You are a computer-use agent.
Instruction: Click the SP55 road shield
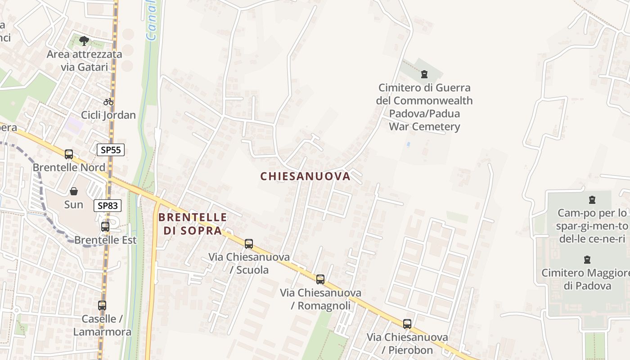pyautogui.click(x=111, y=150)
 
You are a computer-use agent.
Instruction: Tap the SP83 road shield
pyautogui.click(x=108, y=206)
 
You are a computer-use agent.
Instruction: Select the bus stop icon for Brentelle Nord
pyautogui.click(x=69, y=154)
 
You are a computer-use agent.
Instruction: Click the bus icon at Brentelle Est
pyautogui.click(x=105, y=227)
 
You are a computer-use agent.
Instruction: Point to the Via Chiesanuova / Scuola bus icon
pyautogui.click(x=249, y=244)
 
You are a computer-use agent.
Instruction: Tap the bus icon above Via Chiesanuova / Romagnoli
pyautogui.click(x=320, y=279)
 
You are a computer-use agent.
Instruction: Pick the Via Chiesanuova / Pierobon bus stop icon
pyautogui.click(x=407, y=324)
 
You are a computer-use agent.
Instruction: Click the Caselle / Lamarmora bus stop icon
pyautogui.click(x=102, y=306)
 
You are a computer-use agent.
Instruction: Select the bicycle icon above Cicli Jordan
pyautogui.click(x=108, y=102)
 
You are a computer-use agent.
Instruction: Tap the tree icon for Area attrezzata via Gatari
pyautogui.click(x=84, y=41)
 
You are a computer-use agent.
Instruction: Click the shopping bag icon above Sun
pyautogui.click(x=74, y=191)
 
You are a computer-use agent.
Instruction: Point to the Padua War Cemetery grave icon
pyautogui.click(x=424, y=74)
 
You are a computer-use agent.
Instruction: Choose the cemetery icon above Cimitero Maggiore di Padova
pyautogui.click(x=587, y=260)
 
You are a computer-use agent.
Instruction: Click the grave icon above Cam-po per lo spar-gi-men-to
pyautogui.click(x=592, y=200)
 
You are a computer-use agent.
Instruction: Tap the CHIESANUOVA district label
pyautogui.click(x=305, y=176)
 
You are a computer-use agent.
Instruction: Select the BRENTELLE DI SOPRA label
pyautogui.click(x=192, y=224)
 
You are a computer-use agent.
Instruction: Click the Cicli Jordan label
pyautogui.click(x=108, y=115)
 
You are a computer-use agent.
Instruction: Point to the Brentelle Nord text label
pyautogui.click(x=69, y=167)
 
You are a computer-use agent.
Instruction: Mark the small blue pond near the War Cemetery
pyautogui.click(x=408, y=144)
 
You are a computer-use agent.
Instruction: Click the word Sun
pyautogui.click(x=74, y=205)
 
